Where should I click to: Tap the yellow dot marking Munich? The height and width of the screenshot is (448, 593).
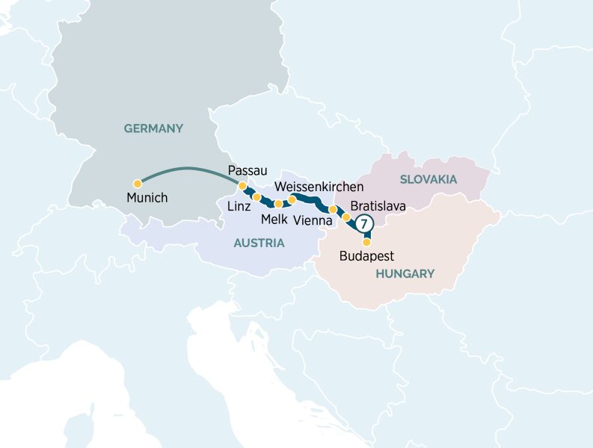(138, 183)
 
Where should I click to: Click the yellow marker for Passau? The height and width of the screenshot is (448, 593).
(242, 186)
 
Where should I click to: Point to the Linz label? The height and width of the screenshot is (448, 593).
(239, 205)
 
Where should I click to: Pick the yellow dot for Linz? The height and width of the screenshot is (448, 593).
(256, 197)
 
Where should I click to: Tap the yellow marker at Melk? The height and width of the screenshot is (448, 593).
(279, 203)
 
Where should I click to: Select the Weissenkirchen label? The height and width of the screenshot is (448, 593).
(319, 186)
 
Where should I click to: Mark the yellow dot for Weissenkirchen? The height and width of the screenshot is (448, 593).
(292, 199)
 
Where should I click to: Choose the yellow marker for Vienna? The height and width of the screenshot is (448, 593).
(333, 210)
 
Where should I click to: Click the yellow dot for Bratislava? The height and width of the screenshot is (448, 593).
(346, 217)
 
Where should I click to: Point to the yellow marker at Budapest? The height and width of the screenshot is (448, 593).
(366, 242)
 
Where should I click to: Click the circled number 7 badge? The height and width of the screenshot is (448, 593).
(364, 223)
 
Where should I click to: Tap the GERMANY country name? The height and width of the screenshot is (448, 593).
(153, 128)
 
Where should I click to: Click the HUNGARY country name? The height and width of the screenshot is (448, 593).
(405, 274)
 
